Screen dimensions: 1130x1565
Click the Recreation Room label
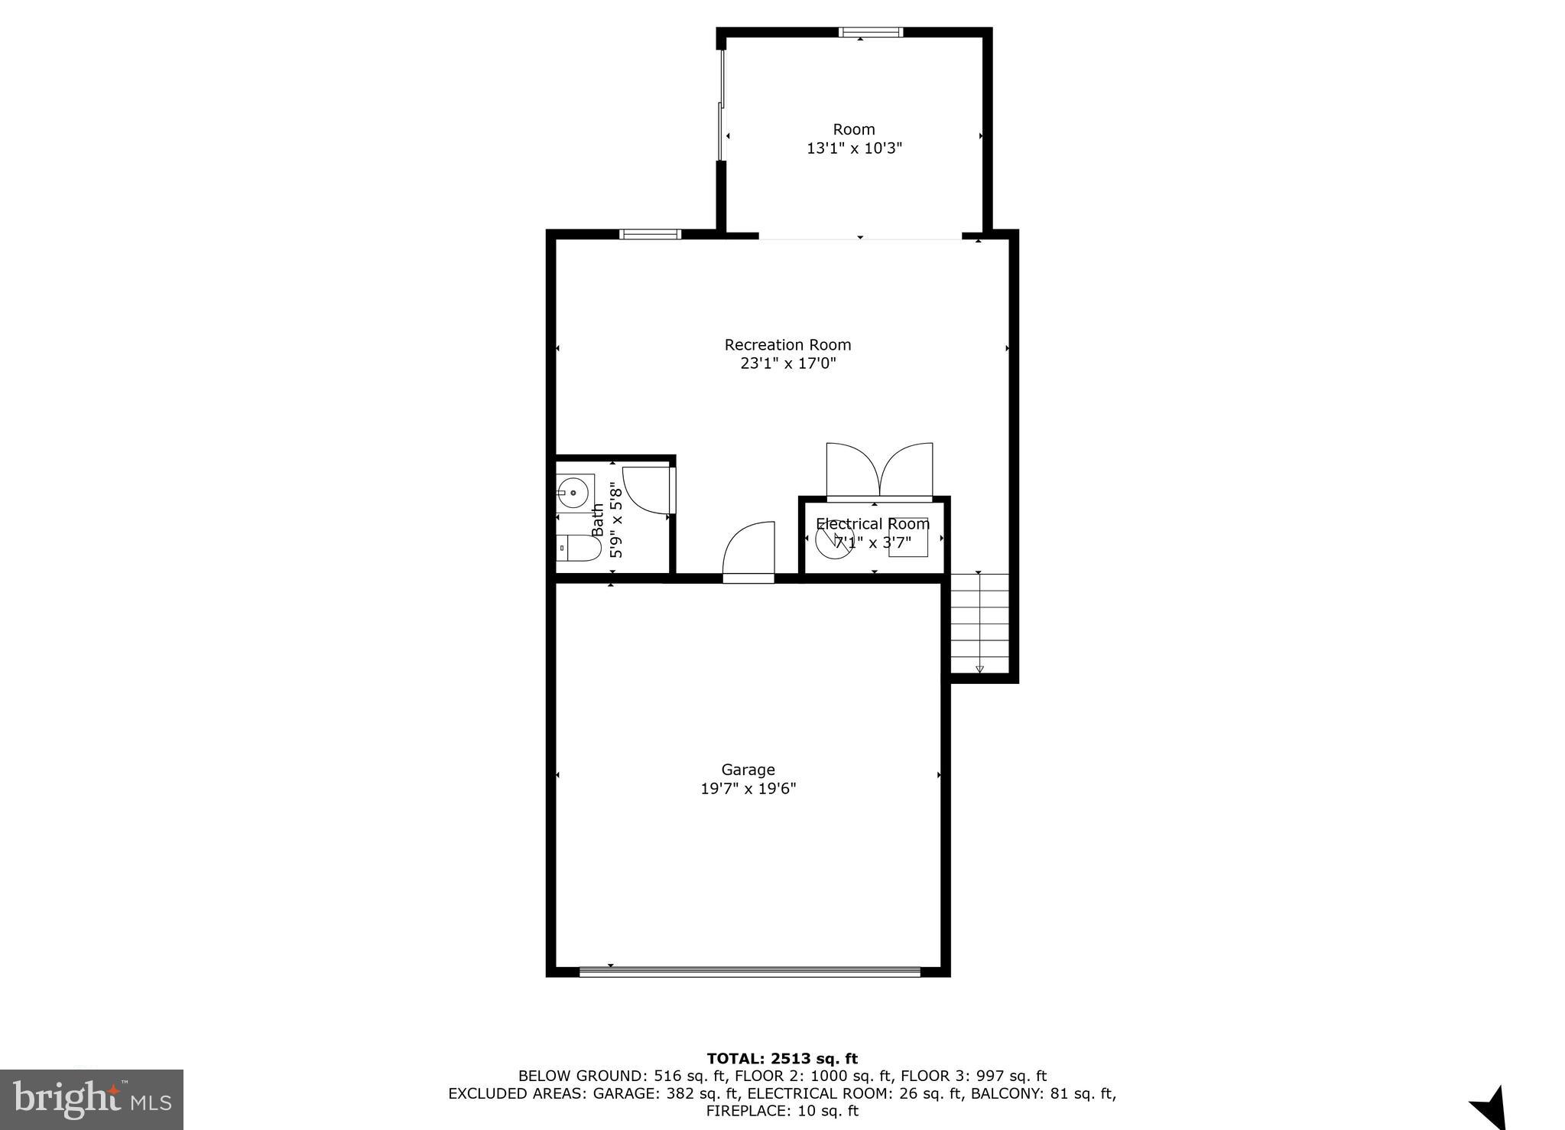[x=787, y=345]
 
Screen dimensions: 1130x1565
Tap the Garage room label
[x=748, y=770]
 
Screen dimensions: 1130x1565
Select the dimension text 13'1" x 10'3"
[x=854, y=148]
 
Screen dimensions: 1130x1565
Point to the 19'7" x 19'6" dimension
[x=748, y=789]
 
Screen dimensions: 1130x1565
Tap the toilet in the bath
[x=578, y=549]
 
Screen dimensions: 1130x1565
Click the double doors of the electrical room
[x=879, y=471]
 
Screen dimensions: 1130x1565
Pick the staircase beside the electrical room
[x=979, y=622]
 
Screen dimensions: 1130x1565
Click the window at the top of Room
[x=870, y=32]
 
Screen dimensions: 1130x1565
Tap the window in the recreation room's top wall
[x=650, y=234]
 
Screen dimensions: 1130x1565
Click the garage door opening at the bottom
[x=749, y=972]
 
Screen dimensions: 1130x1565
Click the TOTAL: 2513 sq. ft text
[x=782, y=1059]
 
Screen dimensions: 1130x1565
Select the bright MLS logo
[x=92, y=1099]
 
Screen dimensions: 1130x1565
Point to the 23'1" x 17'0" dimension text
[x=787, y=363]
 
